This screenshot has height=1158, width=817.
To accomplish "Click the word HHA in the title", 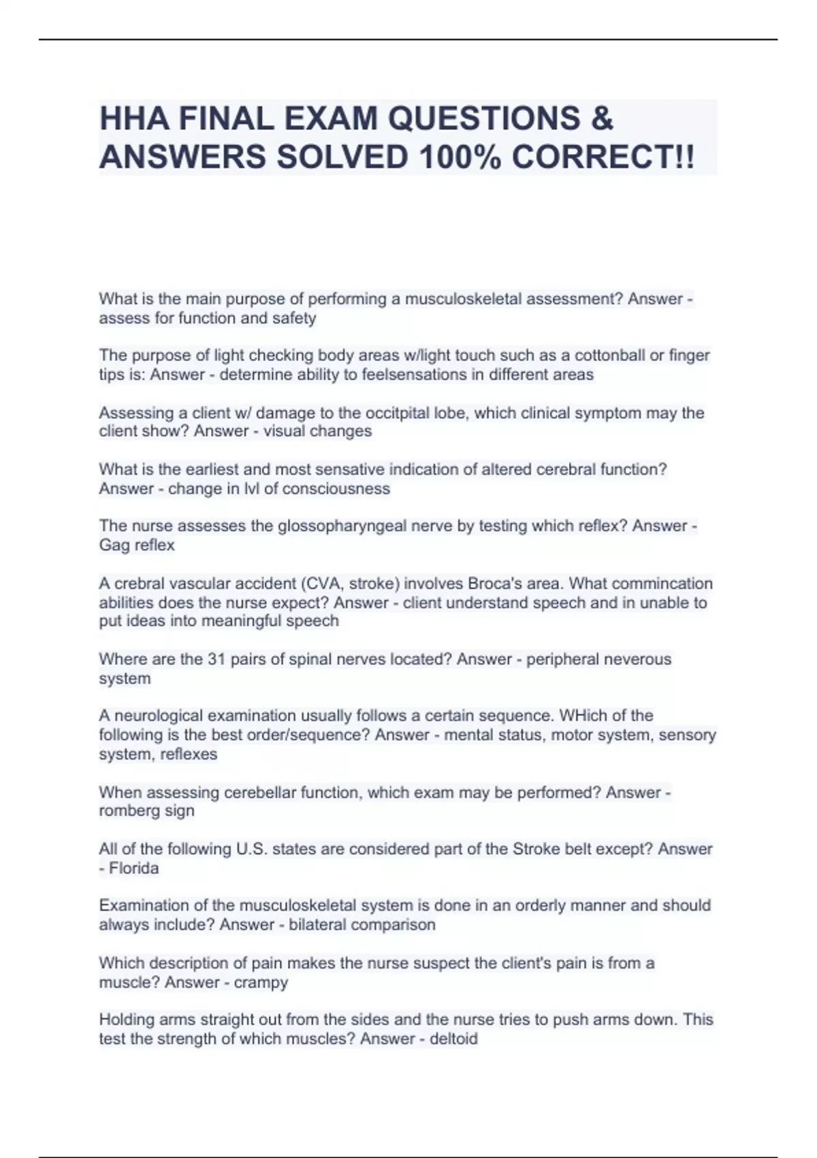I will pyautogui.click(x=134, y=119).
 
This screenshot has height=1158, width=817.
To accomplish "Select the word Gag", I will pyautogui.click(x=114, y=545).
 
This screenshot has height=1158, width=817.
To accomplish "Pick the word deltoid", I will pyautogui.click(x=453, y=1039).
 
